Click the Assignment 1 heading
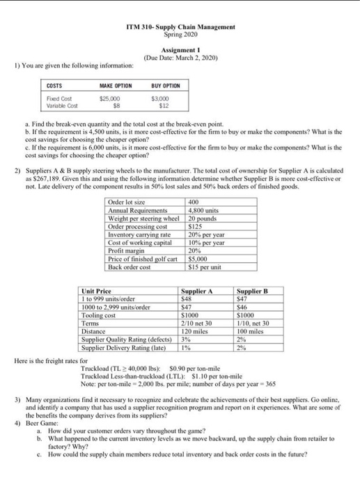(180, 51)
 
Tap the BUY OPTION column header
(165, 85)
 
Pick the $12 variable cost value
(164, 106)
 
